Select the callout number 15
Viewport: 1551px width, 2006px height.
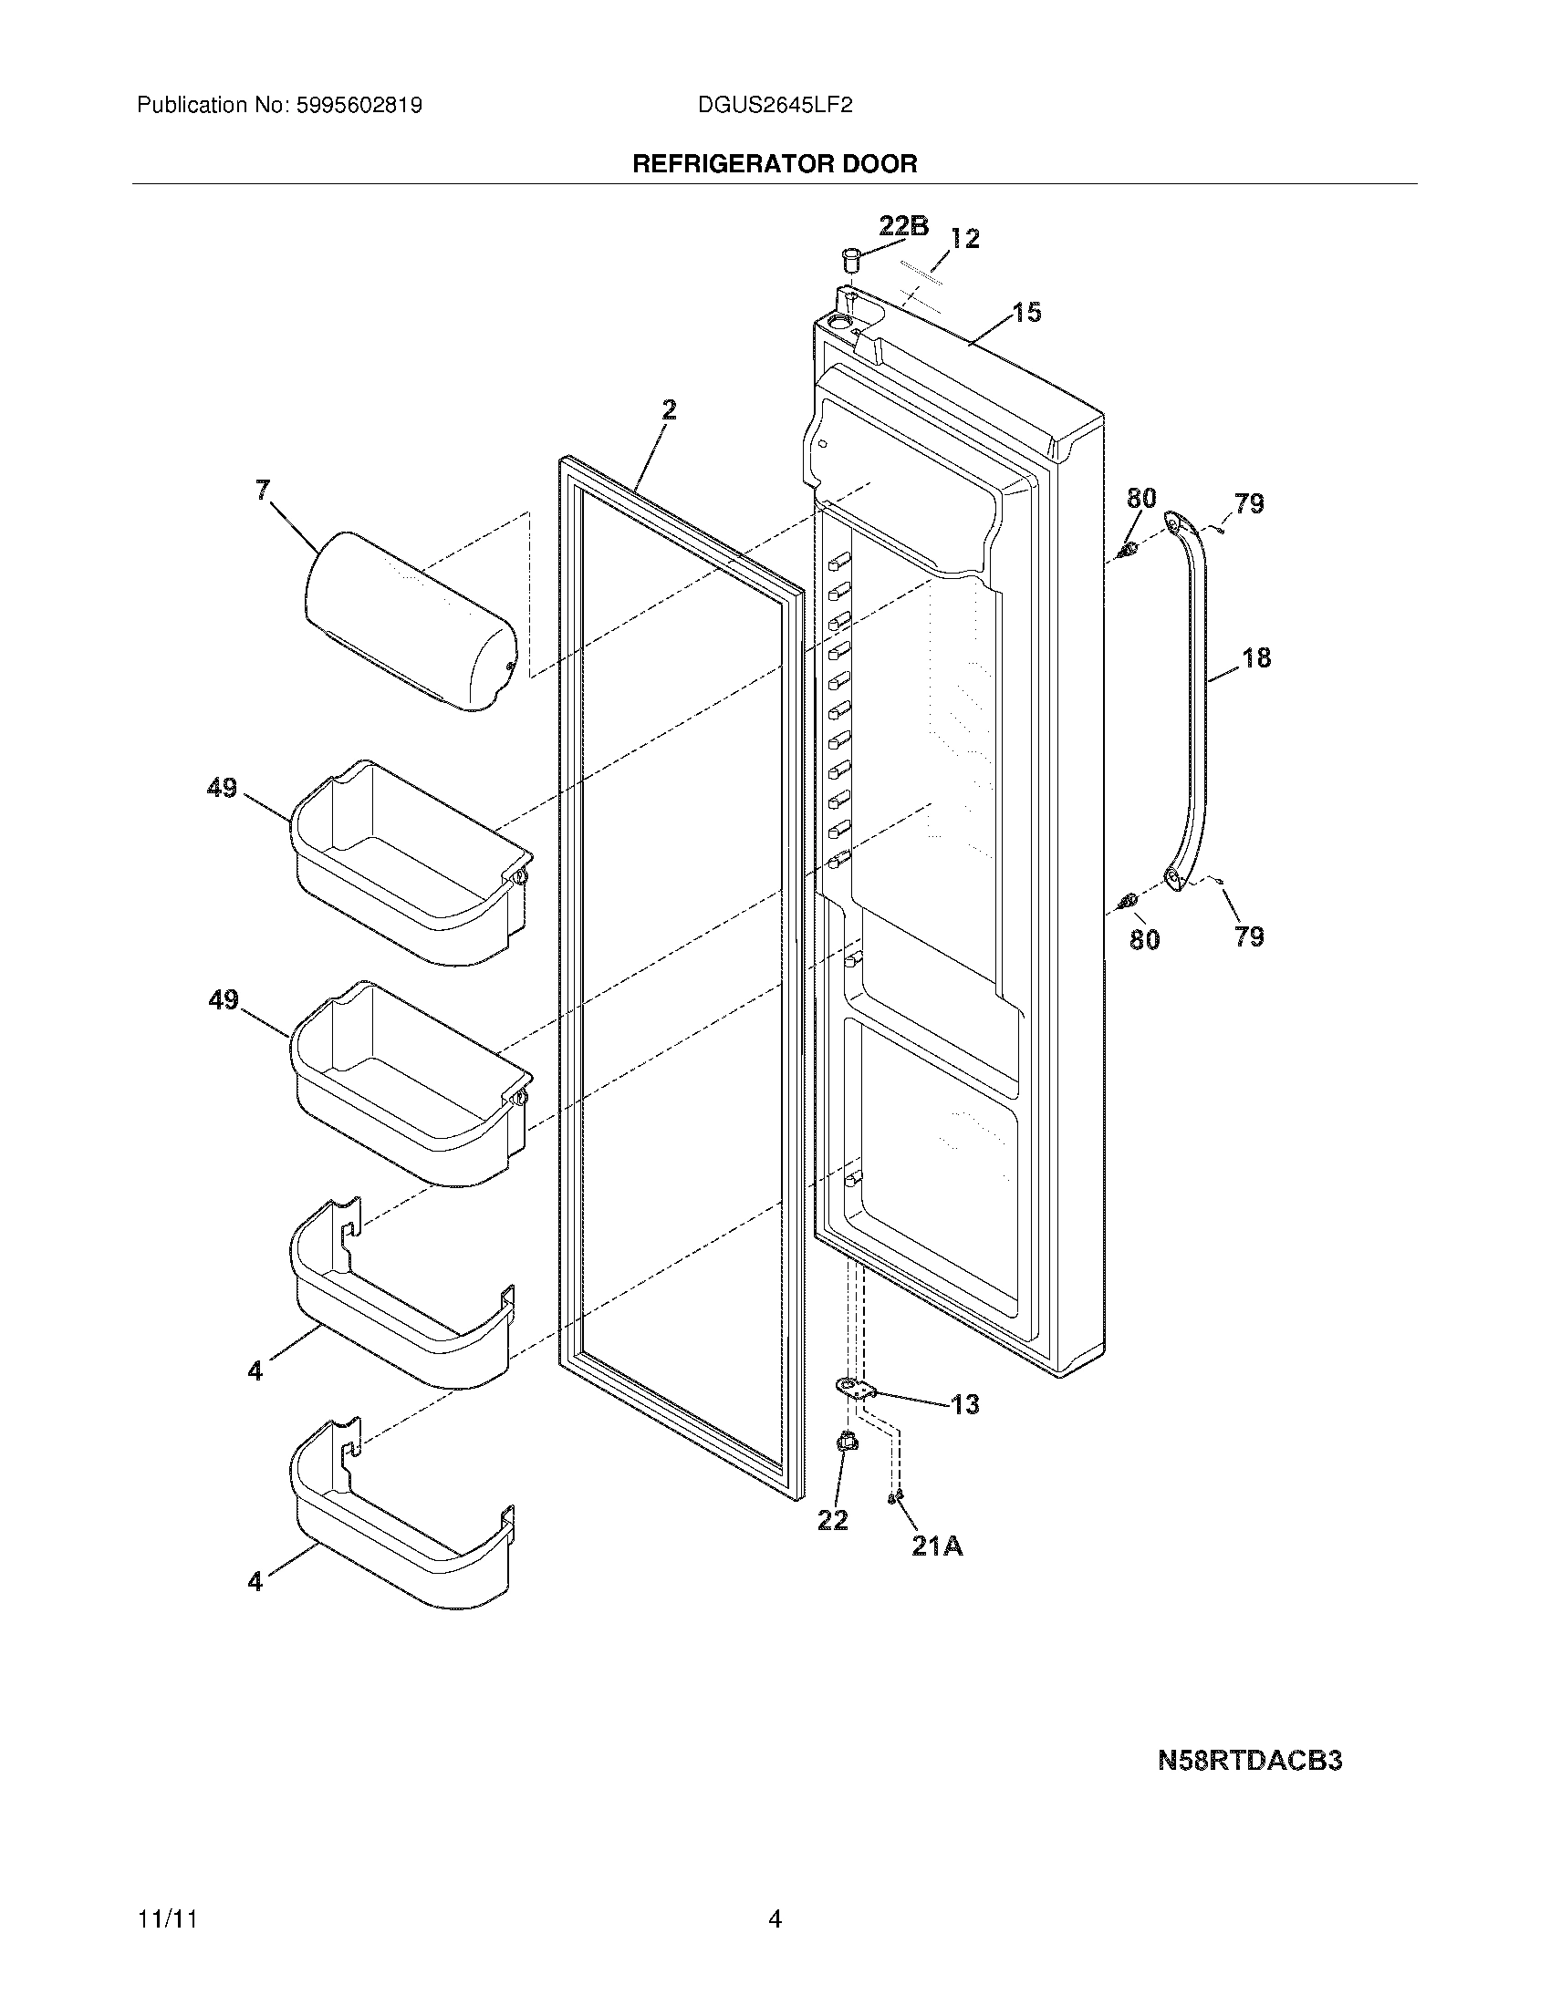[1027, 312]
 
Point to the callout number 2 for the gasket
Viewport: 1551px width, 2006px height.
[669, 409]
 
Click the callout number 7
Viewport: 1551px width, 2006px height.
[263, 491]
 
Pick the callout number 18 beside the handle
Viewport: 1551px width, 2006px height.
[1256, 657]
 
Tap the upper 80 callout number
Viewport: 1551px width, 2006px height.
[1141, 499]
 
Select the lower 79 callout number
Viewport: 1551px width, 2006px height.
[1249, 936]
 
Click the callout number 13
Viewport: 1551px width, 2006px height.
[964, 1404]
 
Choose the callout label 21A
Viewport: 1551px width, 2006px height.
[937, 1546]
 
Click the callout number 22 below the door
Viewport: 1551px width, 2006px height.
[832, 1520]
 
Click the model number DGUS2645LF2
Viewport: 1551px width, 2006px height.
[775, 106]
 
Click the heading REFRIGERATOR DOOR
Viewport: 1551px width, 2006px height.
[775, 164]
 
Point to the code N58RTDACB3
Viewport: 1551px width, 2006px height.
[1250, 1761]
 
